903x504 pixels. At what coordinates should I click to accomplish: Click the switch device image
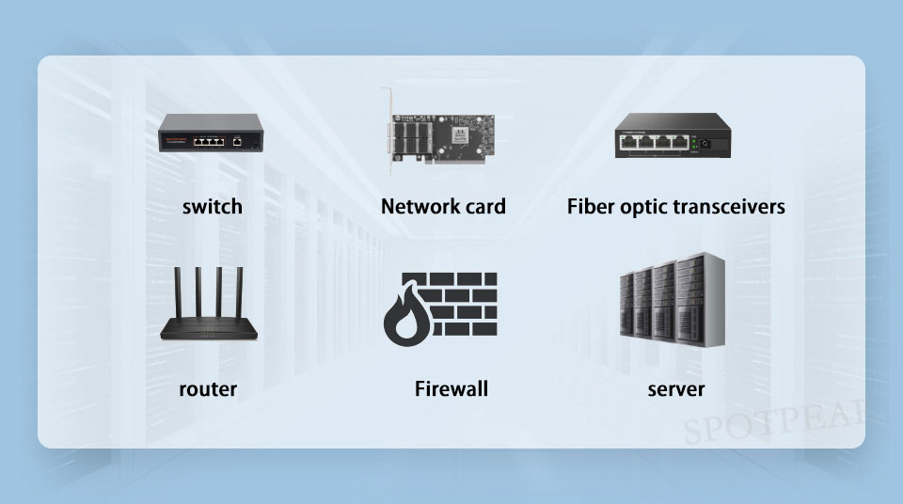[211, 134]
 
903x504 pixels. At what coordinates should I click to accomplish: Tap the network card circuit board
[443, 138]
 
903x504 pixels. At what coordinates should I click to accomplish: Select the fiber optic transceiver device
[673, 135]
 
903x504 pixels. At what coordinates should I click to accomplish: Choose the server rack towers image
[672, 300]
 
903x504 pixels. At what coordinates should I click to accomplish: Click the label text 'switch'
[212, 206]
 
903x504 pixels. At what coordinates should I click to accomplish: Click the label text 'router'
[208, 389]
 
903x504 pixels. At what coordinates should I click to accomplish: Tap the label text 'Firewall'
[451, 388]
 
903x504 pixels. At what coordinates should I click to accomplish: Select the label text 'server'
[676, 389]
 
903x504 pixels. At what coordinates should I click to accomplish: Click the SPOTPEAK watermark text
[774, 421]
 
